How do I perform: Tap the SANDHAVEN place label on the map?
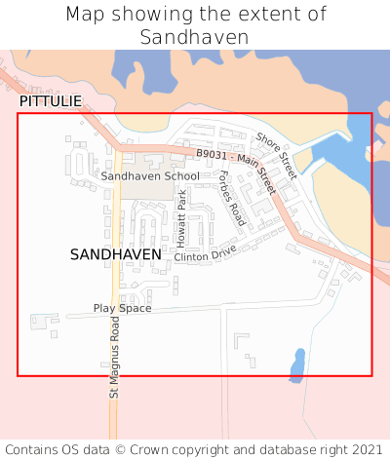[116, 253]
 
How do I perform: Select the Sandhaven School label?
[150, 176]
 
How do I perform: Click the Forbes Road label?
[230, 192]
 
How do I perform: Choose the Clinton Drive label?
[206, 253]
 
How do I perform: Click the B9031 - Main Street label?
[236, 167]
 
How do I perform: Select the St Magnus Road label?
[114, 357]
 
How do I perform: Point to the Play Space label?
[122, 308]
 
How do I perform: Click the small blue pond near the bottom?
[296, 364]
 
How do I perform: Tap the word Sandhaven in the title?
[194, 37]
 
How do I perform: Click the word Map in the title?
[85, 14]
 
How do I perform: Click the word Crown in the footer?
[174, 449]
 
